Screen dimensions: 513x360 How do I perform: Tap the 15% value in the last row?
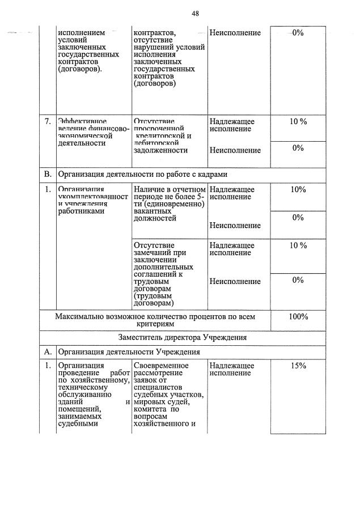(298, 366)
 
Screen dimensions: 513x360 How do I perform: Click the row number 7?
(48, 121)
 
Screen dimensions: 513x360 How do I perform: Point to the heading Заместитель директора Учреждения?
(183, 337)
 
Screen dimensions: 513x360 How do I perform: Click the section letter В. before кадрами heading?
(48, 173)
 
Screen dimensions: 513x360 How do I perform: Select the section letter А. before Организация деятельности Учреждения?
(48, 352)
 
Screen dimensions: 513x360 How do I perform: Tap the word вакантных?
(151, 210)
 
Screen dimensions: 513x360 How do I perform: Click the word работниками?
(81, 210)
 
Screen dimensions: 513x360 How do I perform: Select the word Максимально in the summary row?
(79, 316)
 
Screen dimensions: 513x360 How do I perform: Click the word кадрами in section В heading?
(217, 173)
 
